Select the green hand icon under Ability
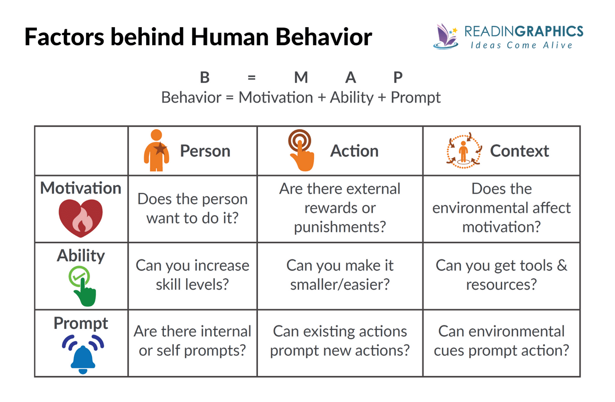(x=82, y=286)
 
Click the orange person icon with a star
(x=156, y=151)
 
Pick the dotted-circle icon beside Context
(x=464, y=151)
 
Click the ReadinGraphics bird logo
(x=446, y=36)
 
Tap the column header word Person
(x=205, y=151)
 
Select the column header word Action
(x=354, y=151)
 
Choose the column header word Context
(x=519, y=151)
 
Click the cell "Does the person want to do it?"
(x=192, y=208)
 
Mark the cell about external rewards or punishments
(x=340, y=208)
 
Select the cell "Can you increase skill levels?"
(x=192, y=275)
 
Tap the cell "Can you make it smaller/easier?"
(x=340, y=275)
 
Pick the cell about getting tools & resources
(x=501, y=275)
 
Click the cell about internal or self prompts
(x=192, y=341)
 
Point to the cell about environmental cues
(x=501, y=341)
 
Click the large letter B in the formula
(x=205, y=77)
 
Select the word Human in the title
(x=230, y=37)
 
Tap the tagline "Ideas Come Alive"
(x=522, y=45)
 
